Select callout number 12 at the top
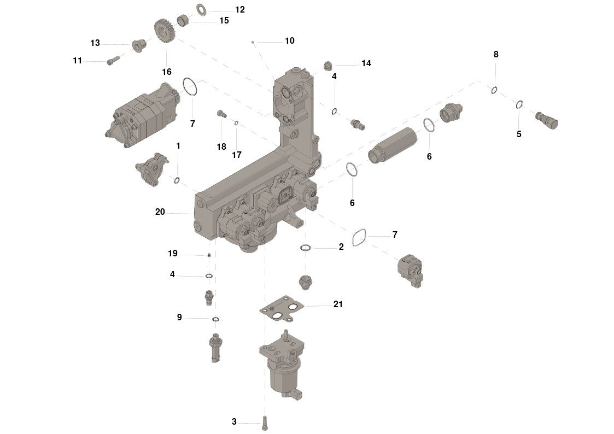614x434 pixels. pyautogui.click(x=239, y=10)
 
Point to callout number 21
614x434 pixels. pyautogui.click(x=338, y=304)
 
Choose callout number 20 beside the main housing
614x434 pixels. pyautogui.click(x=160, y=212)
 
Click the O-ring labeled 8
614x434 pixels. pyautogui.click(x=494, y=90)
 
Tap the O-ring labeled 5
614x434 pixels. pyautogui.click(x=519, y=105)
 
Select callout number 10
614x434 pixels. pyautogui.click(x=290, y=40)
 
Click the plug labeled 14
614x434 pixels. pyautogui.click(x=328, y=66)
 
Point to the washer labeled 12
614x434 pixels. pyautogui.click(x=201, y=9)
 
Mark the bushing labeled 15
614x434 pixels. pyautogui.click(x=183, y=20)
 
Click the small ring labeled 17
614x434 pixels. pyautogui.click(x=237, y=124)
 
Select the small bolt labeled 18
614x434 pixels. pyautogui.click(x=222, y=114)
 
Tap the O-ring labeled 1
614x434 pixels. pyautogui.click(x=177, y=180)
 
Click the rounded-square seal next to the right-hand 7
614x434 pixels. pyautogui.click(x=359, y=238)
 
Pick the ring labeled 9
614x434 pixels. pyautogui.click(x=215, y=319)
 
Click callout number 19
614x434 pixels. pyautogui.click(x=173, y=254)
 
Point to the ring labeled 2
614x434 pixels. pyautogui.click(x=306, y=248)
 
